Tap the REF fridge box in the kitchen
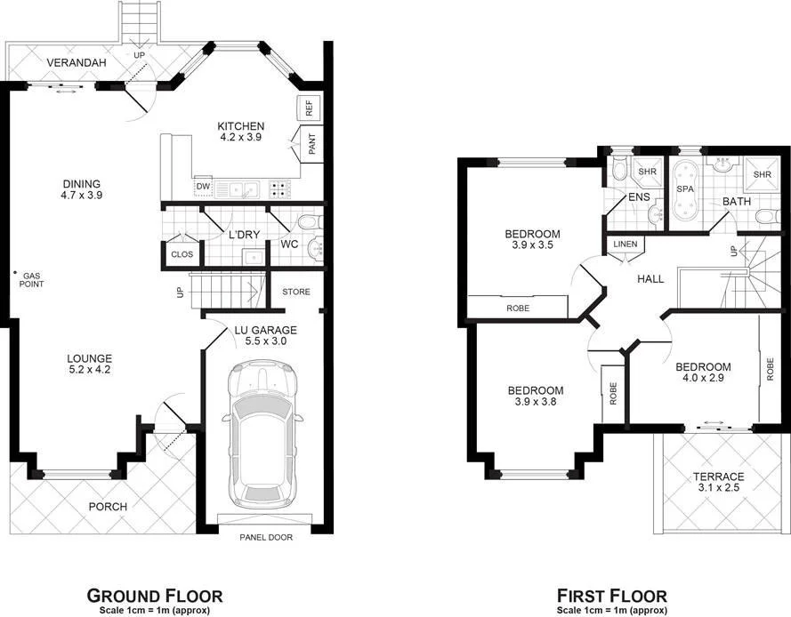(309, 108)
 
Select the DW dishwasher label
(203, 186)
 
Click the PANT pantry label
(311, 145)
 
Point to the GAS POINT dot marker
(15, 273)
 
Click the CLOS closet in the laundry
(182, 254)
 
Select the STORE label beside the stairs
(296, 292)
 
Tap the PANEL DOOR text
(266, 537)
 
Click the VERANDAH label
(77, 63)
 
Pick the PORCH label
(107, 507)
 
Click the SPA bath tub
(685, 190)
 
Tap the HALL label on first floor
(650, 279)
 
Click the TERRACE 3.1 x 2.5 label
(718, 482)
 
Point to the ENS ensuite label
(638, 196)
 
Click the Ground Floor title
(154, 595)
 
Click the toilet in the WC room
(307, 222)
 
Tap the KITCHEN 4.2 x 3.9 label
(241, 132)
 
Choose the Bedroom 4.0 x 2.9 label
(702, 373)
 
